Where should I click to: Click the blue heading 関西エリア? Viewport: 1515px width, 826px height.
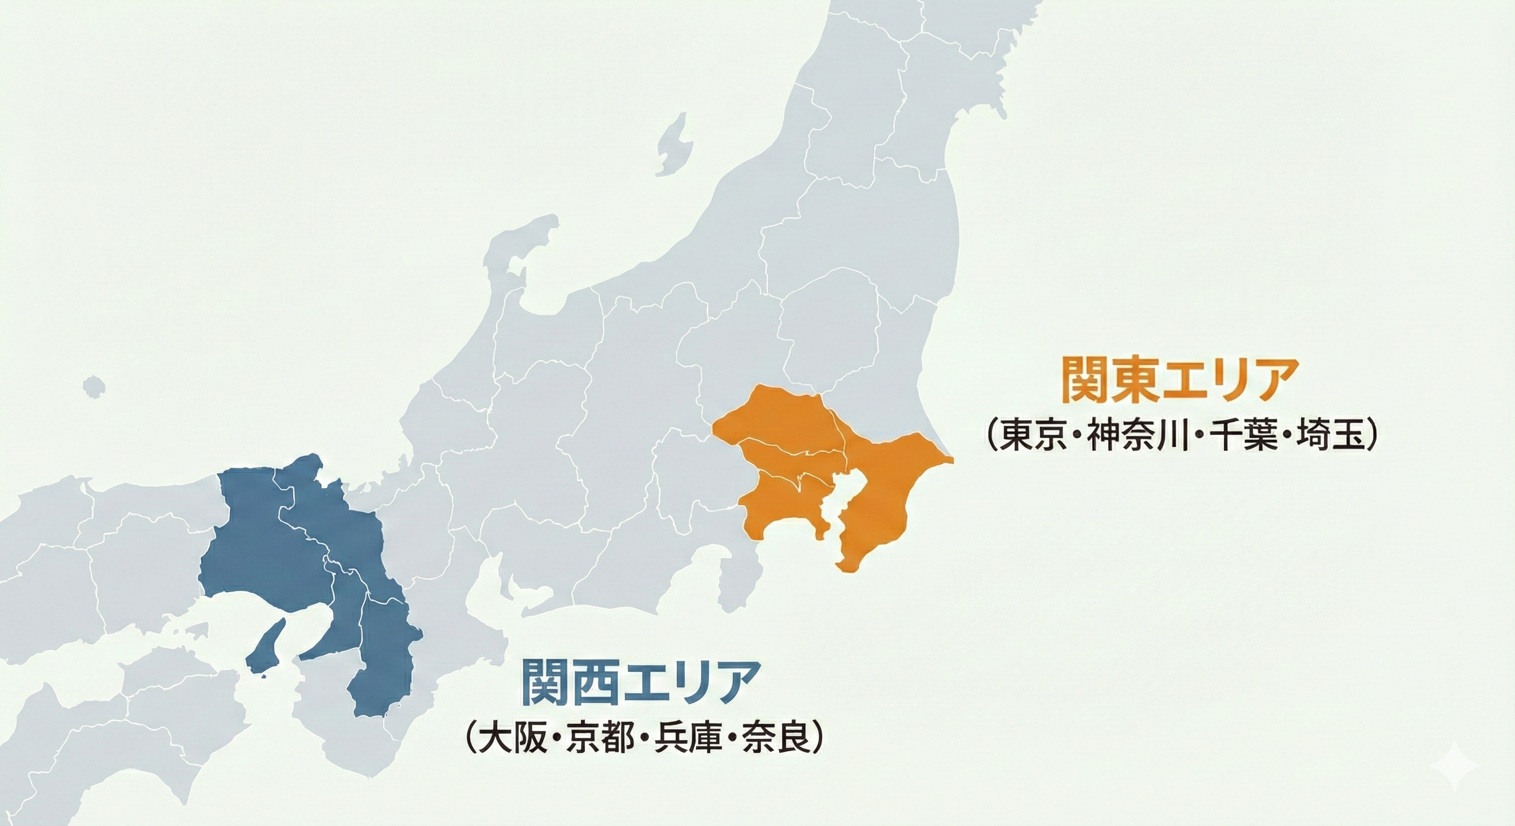coord(638,681)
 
